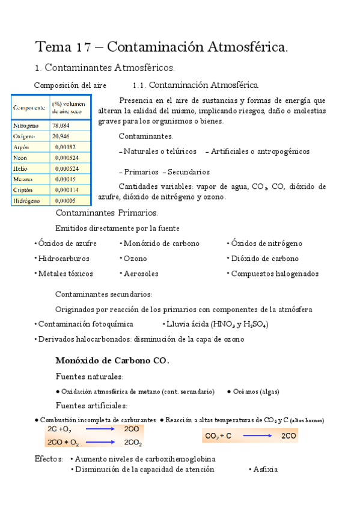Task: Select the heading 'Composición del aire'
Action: coord(70,85)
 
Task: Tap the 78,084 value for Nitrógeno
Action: coord(61,125)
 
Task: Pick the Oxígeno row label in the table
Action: coord(25,137)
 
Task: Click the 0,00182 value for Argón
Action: coord(64,147)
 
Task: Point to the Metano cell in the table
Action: coord(25,179)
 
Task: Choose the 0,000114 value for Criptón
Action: coord(67,189)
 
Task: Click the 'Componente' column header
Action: coord(29,107)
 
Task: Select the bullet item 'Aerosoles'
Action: coord(141,274)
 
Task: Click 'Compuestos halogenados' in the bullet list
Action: coord(275,274)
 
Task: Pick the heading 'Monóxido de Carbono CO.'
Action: coord(112,361)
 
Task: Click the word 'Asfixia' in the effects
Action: coord(265,469)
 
